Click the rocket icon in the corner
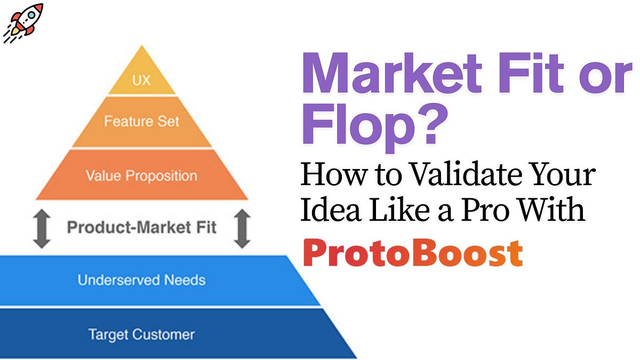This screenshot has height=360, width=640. pyautogui.click(x=22, y=23)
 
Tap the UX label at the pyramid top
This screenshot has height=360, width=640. pyautogui.click(x=141, y=81)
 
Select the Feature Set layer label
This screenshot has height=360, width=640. pyautogui.click(x=141, y=122)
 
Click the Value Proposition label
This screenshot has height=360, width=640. pyautogui.click(x=141, y=175)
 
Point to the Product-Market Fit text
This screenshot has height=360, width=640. pyautogui.click(x=141, y=228)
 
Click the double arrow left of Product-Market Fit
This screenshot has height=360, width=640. pyautogui.click(x=41, y=228)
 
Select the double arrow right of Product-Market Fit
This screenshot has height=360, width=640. pyautogui.click(x=242, y=228)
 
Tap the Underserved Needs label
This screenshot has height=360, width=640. pyautogui.click(x=141, y=279)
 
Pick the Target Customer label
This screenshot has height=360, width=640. pyautogui.click(x=141, y=334)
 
